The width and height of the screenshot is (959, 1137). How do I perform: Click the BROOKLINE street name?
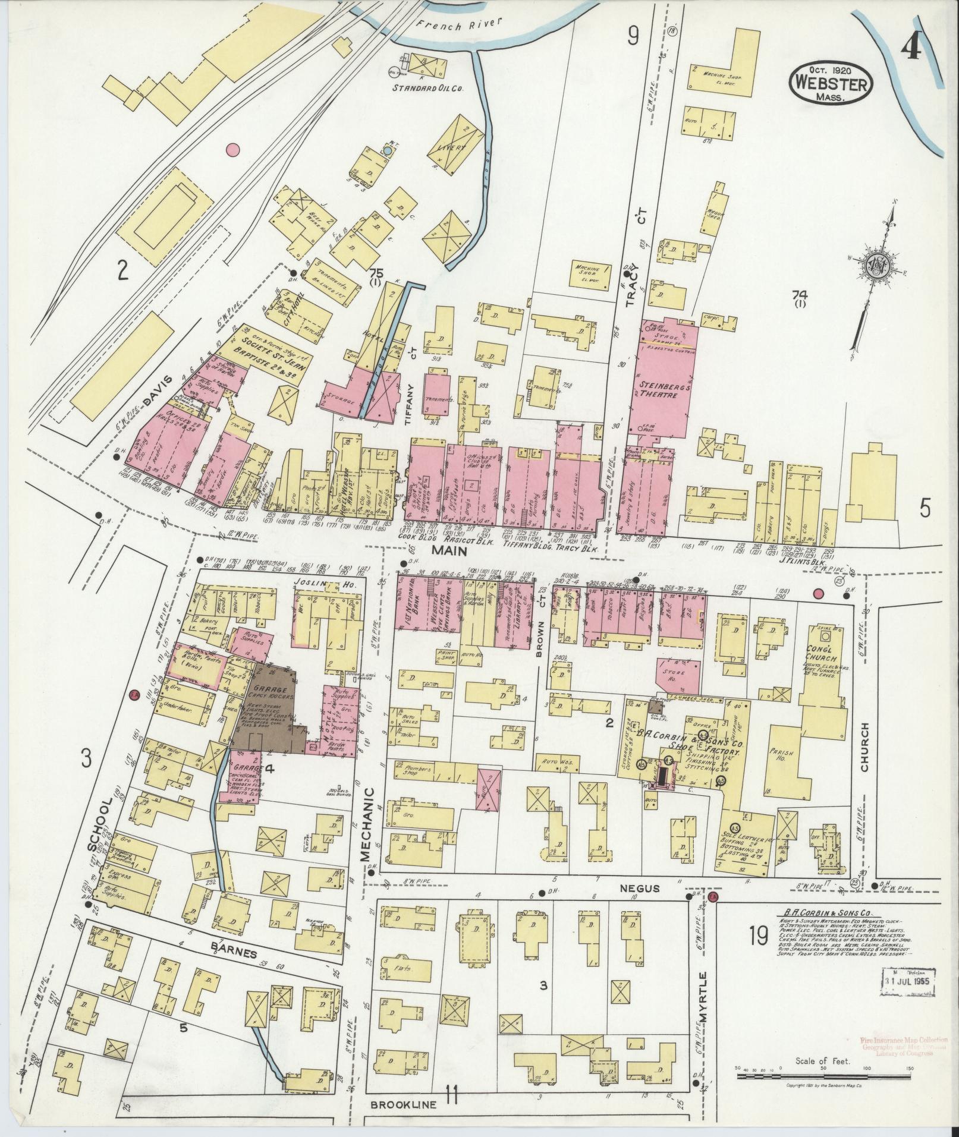tap(404, 1105)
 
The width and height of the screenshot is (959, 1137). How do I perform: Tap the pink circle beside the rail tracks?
tap(232, 149)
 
